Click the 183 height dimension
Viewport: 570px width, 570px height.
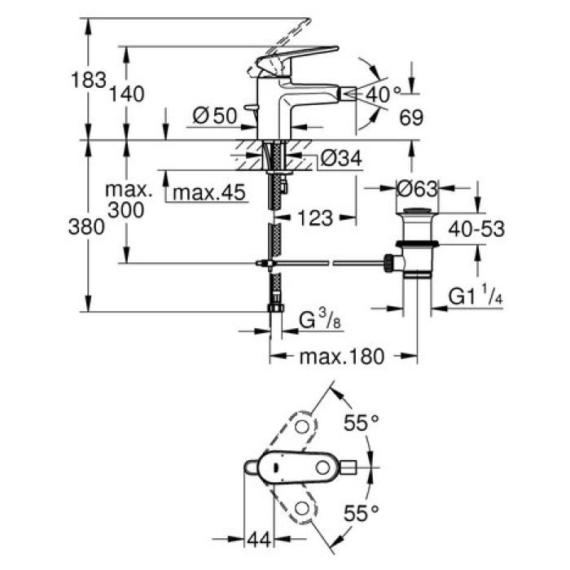[88, 80]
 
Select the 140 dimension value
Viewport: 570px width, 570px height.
[127, 94]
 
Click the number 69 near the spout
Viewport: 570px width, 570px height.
[411, 119]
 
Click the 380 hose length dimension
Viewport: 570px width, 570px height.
[89, 228]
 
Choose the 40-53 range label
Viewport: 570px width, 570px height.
[476, 230]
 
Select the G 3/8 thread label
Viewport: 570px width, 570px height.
[318, 320]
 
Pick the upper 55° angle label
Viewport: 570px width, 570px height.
[361, 423]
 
